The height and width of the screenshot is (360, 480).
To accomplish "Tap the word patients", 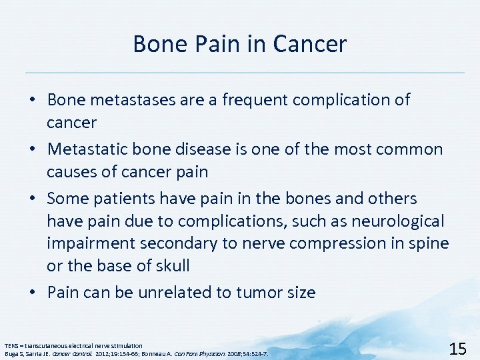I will pos(129,199).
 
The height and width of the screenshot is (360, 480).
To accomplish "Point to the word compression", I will pos(339,244).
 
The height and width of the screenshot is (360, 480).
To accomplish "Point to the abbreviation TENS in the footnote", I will pos(11,345).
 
